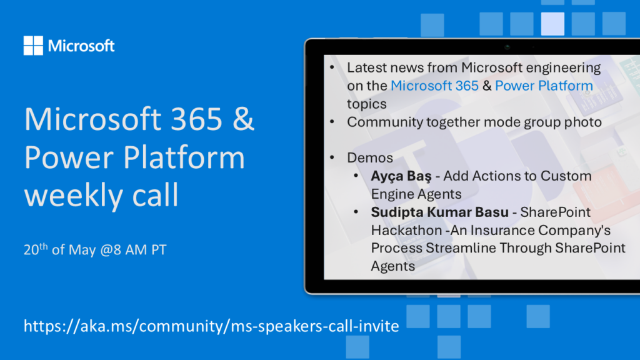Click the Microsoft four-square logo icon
(x=33, y=45)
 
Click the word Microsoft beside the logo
(x=81, y=46)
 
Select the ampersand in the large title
(x=244, y=119)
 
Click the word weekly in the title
(x=72, y=195)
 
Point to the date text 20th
(x=36, y=249)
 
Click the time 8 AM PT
(x=139, y=250)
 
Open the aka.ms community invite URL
(x=211, y=326)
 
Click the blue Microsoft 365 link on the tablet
(x=434, y=86)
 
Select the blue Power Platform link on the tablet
(x=544, y=86)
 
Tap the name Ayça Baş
(x=401, y=176)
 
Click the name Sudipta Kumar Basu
(x=439, y=212)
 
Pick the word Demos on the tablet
(x=370, y=158)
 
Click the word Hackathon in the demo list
(x=406, y=231)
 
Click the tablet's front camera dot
(x=507, y=47)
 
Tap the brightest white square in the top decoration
(x=552, y=24)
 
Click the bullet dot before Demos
(x=332, y=157)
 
